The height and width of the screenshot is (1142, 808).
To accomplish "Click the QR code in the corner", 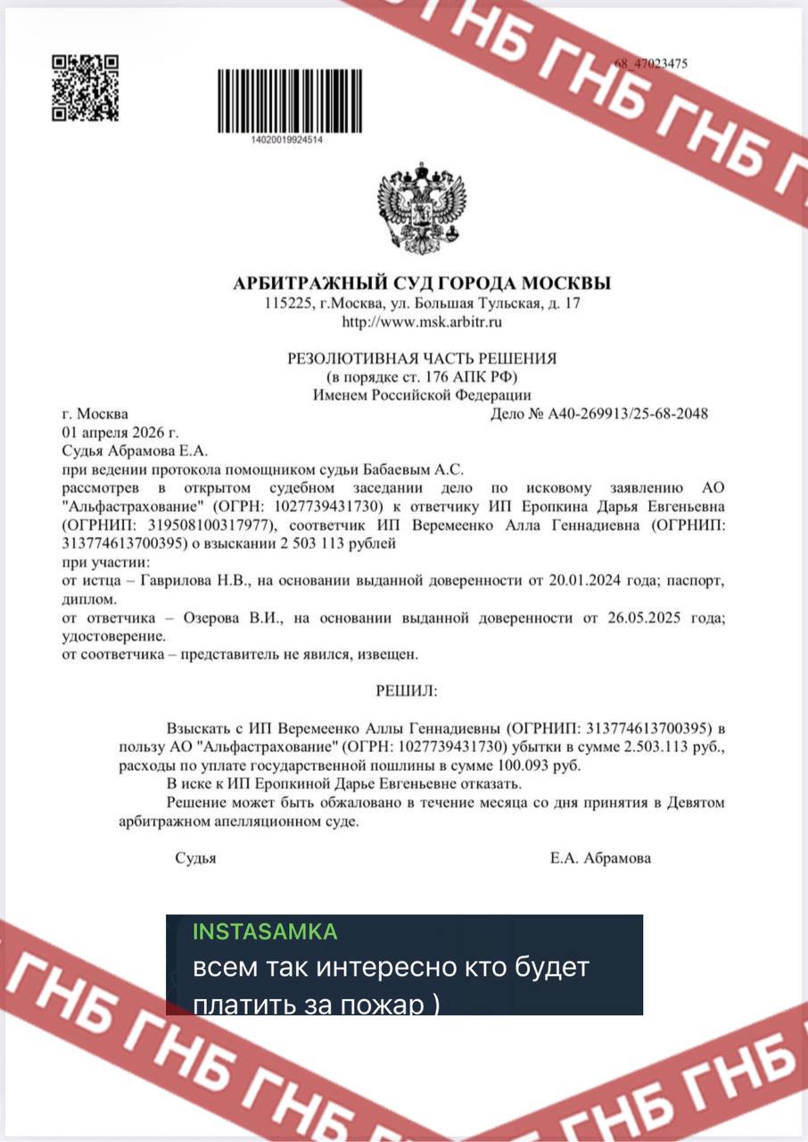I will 85,88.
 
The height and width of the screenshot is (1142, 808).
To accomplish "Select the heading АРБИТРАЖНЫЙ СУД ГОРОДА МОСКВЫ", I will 422,284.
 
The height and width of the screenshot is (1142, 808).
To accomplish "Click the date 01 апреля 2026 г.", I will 115,433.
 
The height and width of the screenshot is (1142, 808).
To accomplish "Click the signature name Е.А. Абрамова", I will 600,858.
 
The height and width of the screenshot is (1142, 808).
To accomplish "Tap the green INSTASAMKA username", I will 265,931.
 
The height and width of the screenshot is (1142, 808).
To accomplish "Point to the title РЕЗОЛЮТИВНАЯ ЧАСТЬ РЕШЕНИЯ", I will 422,359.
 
